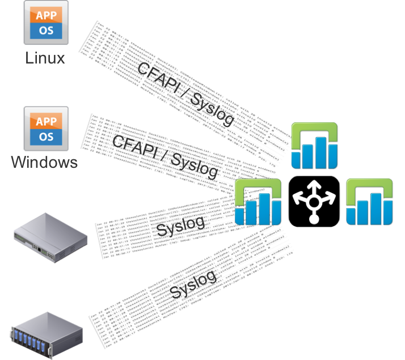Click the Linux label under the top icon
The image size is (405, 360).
tap(45, 57)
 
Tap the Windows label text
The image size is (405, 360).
tap(45, 163)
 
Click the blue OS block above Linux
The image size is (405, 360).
tap(46, 31)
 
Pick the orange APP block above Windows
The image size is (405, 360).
tap(46, 121)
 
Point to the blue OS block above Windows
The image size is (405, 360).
tap(46, 137)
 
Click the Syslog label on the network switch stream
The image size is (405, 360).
tap(179, 226)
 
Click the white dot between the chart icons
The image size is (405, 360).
tap(314, 219)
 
